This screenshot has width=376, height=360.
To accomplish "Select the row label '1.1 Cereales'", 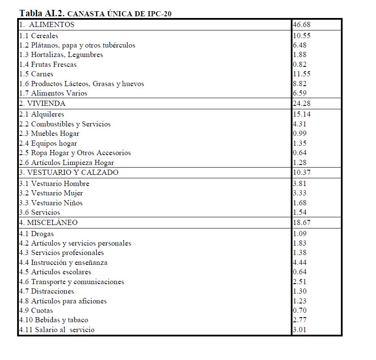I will pos(39,36).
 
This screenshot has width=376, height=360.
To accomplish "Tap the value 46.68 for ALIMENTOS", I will pos(301,24).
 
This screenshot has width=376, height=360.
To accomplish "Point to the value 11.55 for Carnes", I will pos(301,74).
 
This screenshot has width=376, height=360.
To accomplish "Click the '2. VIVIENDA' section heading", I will pos(42,103).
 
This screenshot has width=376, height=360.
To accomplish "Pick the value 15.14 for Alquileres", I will pos(301,114).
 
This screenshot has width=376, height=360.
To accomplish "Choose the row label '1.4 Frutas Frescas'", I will pos(48,64).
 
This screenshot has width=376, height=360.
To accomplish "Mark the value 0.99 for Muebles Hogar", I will pos(300,133).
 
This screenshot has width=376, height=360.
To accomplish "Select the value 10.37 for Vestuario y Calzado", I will pos(301,172).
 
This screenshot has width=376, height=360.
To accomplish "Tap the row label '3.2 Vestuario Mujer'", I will pos(51,193).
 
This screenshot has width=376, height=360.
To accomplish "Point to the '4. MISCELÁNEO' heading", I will pos(48,222).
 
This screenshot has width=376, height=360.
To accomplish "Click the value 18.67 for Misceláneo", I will pos(301,222).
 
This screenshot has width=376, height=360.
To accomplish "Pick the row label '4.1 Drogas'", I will pos(36,234).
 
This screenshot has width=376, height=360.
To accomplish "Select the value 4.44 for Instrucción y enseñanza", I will pos(300,262).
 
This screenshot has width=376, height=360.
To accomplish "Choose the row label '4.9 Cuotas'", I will pos(36,310).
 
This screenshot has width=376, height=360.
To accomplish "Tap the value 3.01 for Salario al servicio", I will pos(300,330).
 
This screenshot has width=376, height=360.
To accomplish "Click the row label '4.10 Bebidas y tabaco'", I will pos(54,320).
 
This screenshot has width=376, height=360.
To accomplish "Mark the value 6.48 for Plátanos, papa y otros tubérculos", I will pos(300,45).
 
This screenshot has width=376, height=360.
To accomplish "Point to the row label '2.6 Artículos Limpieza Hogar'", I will pos(66,162).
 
